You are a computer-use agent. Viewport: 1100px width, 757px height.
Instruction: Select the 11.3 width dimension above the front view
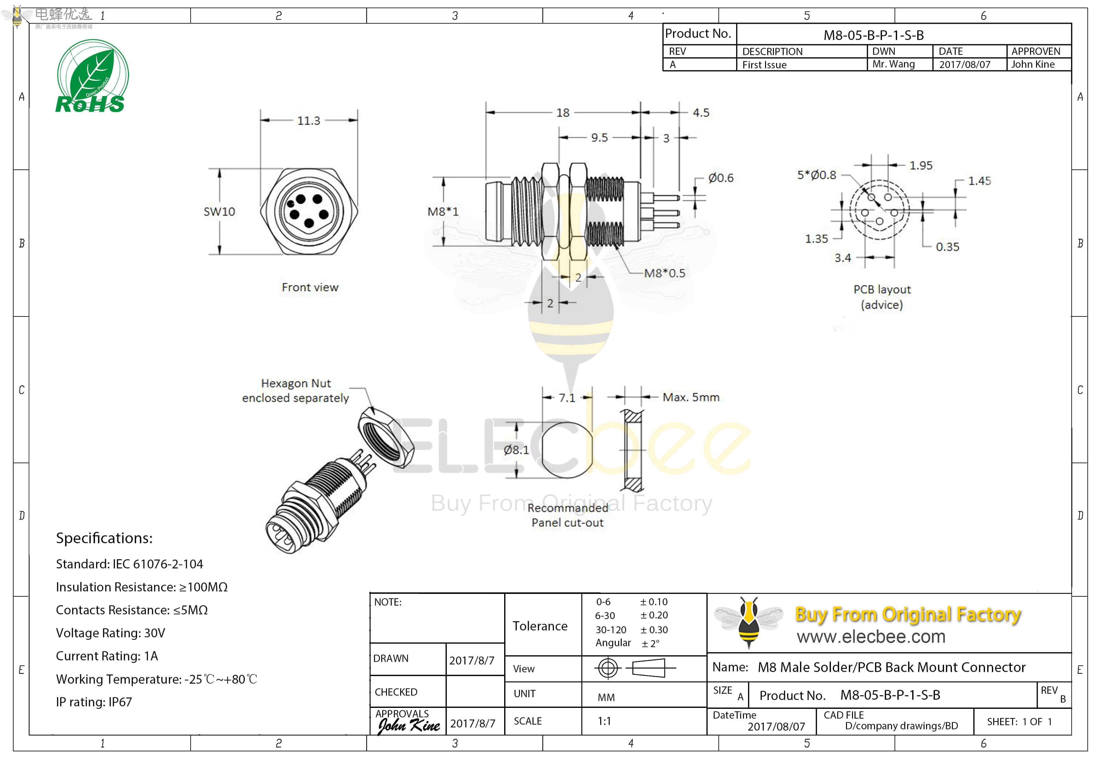pyautogui.click(x=308, y=121)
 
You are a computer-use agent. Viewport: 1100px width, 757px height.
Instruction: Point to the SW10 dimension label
pyautogui.click(x=219, y=212)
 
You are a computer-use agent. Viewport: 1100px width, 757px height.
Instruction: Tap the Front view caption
pyautogui.click(x=310, y=287)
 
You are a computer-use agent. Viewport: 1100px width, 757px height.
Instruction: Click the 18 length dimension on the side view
pyautogui.click(x=563, y=113)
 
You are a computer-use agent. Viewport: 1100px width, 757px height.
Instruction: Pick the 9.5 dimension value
pyautogui.click(x=599, y=138)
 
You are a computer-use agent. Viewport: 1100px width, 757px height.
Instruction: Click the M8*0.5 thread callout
pyautogui.click(x=664, y=273)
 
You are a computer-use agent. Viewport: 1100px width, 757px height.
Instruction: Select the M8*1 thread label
pyautogui.click(x=443, y=212)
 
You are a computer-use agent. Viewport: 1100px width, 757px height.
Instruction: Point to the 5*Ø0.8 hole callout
pyautogui.click(x=816, y=175)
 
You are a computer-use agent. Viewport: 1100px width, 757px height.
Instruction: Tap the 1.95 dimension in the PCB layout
pyautogui.click(x=921, y=166)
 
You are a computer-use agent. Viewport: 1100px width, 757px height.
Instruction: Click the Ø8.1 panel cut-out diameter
pyautogui.click(x=516, y=450)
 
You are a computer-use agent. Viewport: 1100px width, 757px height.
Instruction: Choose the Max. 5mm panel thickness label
pyautogui.click(x=691, y=397)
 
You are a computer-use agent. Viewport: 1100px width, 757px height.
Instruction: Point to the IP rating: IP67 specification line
pyautogui.click(x=94, y=702)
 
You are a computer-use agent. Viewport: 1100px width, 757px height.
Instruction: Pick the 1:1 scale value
pyautogui.click(x=604, y=721)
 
